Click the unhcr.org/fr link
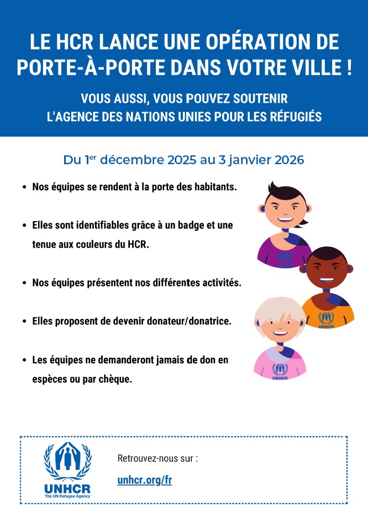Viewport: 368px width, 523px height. click(x=145, y=480)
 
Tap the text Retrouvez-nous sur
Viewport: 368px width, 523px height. click(x=157, y=459)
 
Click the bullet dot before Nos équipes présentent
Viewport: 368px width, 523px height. click(x=24, y=283)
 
